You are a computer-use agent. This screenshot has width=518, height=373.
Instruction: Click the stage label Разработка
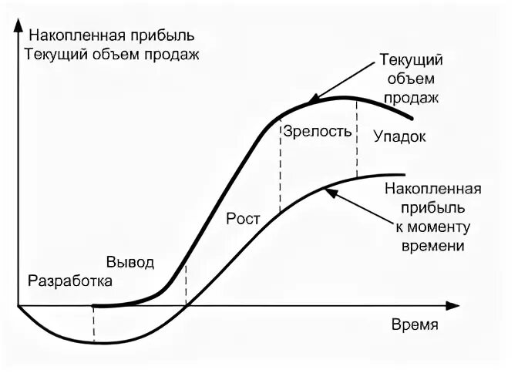click(x=69, y=281)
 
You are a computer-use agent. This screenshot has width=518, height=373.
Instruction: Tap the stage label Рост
click(x=244, y=217)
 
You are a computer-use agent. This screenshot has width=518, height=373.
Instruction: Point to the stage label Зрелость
click(x=318, y=131)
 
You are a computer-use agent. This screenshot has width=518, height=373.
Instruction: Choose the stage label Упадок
click(x=399, y=136)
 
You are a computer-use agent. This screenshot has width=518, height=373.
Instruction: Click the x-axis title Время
click(x=415, y=324)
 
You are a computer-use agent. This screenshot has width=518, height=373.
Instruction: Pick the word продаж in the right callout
click(x=413, y=98)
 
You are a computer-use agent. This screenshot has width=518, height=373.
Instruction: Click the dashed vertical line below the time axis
click(x=93, y=324)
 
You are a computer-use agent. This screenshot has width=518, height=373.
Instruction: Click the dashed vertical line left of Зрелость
click(x=280, y=166)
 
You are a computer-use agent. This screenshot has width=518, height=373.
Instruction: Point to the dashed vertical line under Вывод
click(x=187, y=285)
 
